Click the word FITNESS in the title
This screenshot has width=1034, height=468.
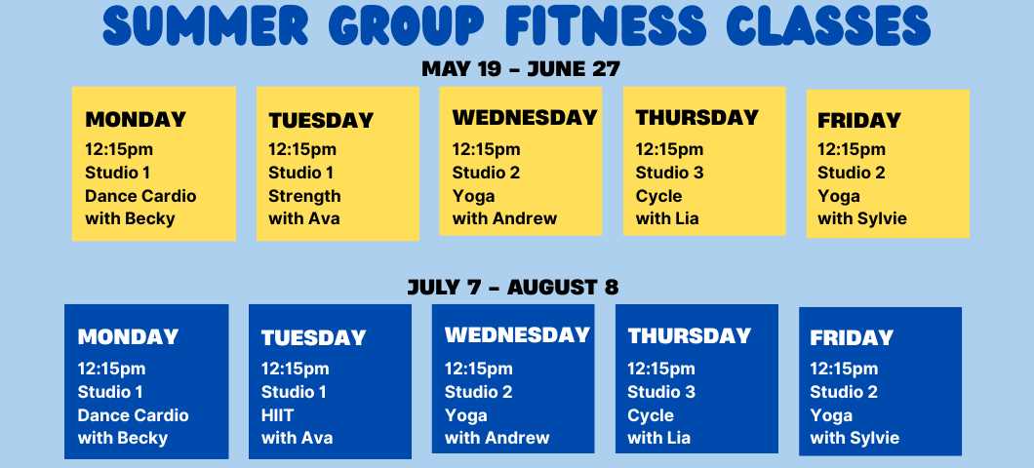(606, 27)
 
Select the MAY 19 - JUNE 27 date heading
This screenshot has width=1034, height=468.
(521, 68)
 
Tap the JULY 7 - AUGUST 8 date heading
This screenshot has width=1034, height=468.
(513, 288)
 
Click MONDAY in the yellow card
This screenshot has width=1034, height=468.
(136, 119)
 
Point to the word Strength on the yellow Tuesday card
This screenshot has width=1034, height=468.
(304, 196)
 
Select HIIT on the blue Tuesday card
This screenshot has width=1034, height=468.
(278, 415)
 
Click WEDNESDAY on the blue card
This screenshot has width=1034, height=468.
(518, 334)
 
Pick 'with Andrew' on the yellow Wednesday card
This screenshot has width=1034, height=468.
(504, 218)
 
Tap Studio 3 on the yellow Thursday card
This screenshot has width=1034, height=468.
(669, 173)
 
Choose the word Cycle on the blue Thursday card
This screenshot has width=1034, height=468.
(651, 416)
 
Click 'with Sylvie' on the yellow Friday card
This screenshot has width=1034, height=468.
(862, 218)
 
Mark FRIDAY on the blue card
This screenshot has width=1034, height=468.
(852, 338)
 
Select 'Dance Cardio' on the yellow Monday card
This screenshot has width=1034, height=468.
(140, 196)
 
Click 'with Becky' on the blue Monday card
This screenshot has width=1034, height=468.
(123, 439)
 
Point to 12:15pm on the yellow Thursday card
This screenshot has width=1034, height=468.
(669, 149)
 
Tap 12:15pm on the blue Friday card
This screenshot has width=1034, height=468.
(844, 370)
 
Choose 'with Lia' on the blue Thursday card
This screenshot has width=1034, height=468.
(658, 438)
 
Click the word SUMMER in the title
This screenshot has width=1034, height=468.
(206, 27)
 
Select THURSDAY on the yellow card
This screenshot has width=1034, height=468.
(697, 117)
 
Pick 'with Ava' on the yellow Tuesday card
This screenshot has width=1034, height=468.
(304, 218)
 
